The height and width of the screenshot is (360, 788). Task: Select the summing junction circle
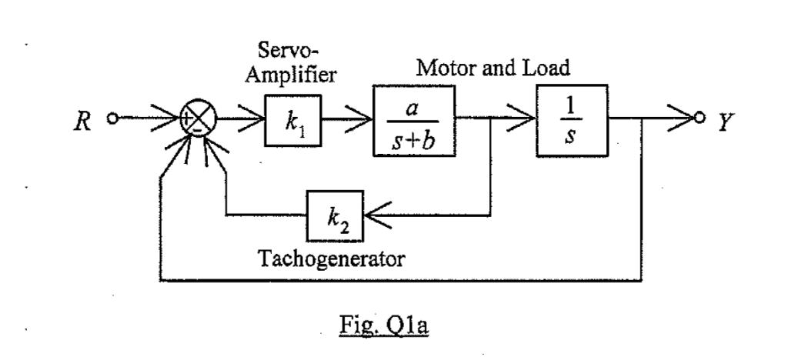pos(198,120)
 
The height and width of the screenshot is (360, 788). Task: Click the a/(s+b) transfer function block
pos(414,121)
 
